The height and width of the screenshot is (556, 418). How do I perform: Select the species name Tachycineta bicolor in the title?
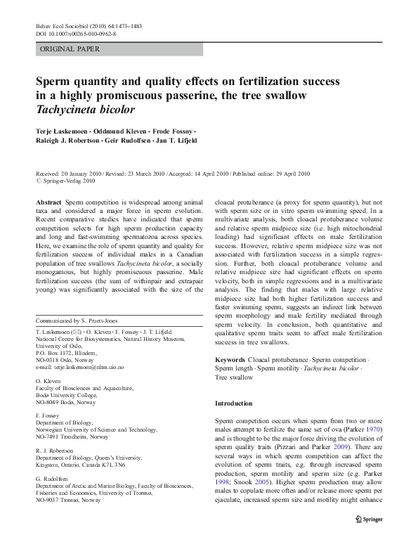click(x=85, y=110)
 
